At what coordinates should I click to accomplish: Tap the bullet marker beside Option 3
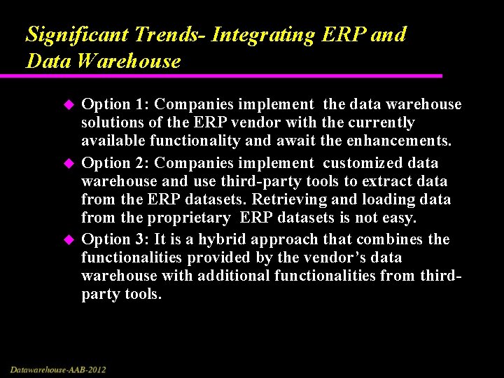(x=69, y=240)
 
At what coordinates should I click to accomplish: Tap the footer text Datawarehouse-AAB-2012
(x=58, y=369)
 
